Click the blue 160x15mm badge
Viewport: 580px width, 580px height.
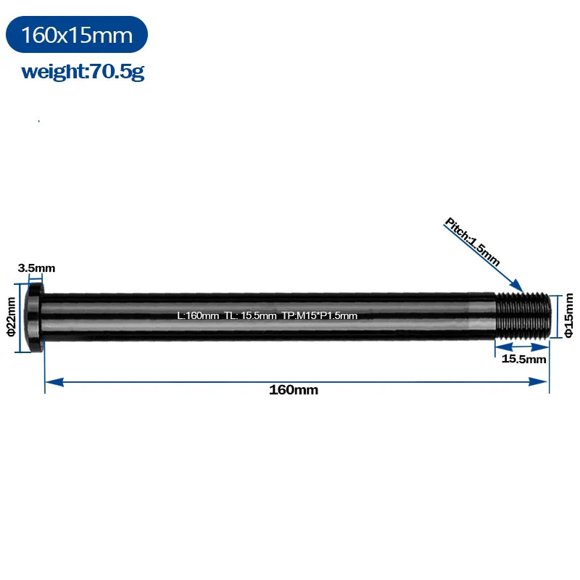77,34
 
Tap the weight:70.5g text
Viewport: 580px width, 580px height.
83,71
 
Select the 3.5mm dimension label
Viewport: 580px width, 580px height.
37,268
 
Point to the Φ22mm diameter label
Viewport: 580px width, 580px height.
11,317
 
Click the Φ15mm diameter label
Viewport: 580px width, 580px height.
569,315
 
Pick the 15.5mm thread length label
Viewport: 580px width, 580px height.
523,359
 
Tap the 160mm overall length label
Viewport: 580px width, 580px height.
294,389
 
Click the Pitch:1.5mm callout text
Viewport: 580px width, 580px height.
473,241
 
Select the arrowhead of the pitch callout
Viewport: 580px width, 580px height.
517,286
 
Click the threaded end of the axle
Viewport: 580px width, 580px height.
523,315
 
